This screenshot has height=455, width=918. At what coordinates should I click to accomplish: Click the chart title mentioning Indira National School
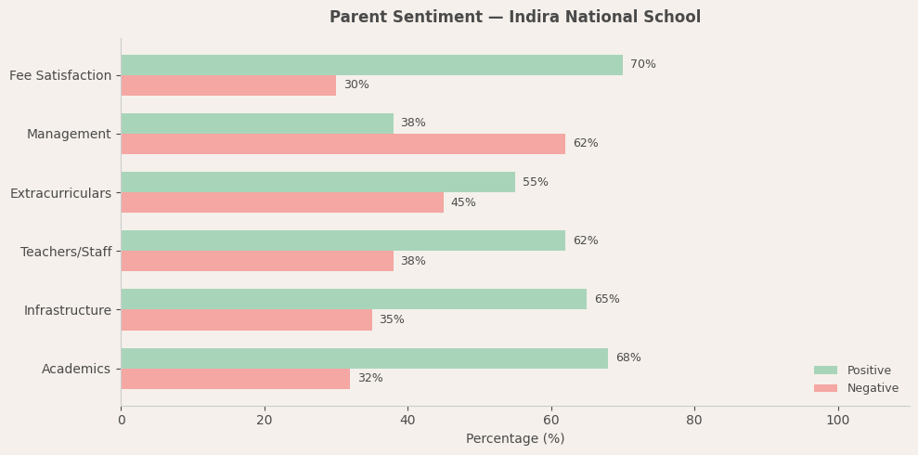pos(515,18)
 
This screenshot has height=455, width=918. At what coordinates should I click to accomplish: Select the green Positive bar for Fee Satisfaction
pos(371,65)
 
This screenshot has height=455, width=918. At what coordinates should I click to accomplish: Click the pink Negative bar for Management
pos(343,144)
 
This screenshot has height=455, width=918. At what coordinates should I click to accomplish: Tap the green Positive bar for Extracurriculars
pos(317,182)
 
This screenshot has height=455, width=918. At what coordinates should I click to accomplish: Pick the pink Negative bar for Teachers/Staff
pos(257,261)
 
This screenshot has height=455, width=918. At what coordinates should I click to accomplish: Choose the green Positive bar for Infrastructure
pos(354,299)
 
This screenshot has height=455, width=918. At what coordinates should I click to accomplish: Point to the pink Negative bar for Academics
pos(236,379)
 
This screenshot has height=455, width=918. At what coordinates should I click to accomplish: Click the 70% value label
pos(642,65)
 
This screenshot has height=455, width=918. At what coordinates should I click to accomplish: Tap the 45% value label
pos(463,202)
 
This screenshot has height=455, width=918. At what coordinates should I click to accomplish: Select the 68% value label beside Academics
pos(628,358)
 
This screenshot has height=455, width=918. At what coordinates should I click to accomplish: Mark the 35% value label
pos(392,320)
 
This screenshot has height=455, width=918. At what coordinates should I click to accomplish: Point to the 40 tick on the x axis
pos(407,421)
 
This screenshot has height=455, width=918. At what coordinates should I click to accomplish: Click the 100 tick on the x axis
pos(837,421)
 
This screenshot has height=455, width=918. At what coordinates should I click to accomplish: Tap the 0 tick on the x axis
pos(121,421)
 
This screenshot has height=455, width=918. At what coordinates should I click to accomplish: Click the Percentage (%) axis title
pos(515,439)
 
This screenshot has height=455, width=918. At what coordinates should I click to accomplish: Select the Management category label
pos(69,135)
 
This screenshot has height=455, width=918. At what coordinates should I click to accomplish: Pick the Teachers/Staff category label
pos(66,252)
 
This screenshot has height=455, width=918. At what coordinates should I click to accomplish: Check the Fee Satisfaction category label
pos(60,75)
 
